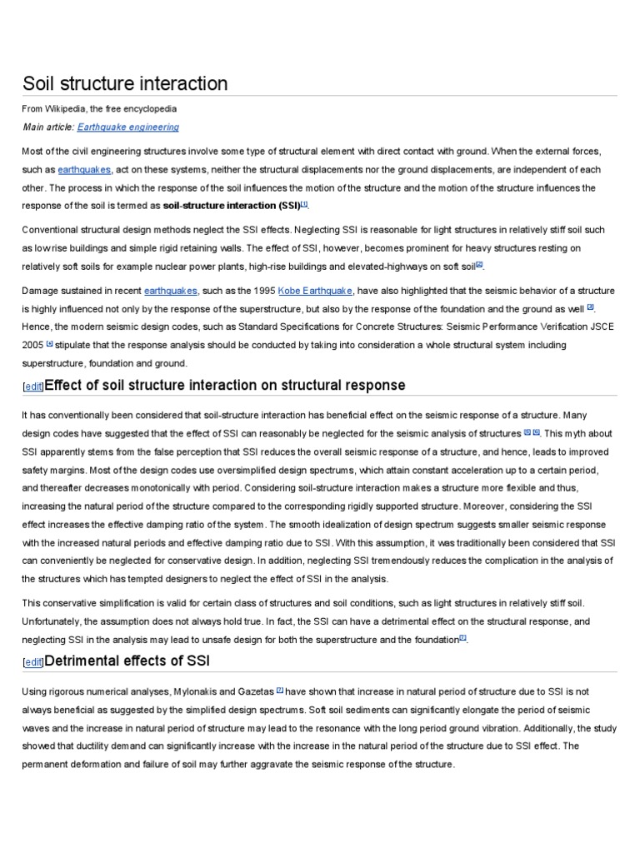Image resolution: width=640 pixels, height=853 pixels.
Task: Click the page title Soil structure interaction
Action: (x=124, y=83)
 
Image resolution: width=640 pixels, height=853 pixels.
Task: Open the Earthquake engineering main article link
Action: (x=127, y=127)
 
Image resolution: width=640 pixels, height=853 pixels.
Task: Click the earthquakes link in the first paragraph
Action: (x=83, y=169)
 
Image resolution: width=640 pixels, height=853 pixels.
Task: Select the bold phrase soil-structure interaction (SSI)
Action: (x=231, y=206)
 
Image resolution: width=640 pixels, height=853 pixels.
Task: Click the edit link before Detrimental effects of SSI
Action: (x=33, y=662)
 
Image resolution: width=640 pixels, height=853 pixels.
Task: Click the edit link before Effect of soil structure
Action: (x=33, y=387)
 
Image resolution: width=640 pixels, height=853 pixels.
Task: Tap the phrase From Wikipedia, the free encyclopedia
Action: (x=99, y=109)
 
